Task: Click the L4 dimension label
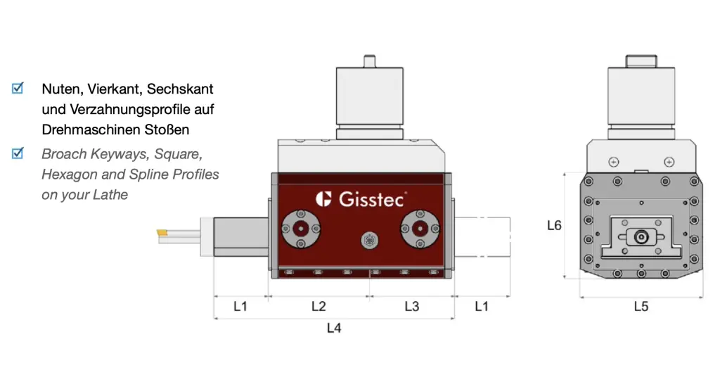pyautogui.click(x=334, y=328)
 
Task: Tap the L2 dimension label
pyautogui.click(x=319, y=306)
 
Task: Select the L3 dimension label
pyautogui.click(x=412, y=306)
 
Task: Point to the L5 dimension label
pyautogui.click(x=641, y=306)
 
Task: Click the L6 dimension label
pyautogui.click(x=554, y=225)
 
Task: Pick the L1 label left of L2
pyautogui.click(x=240, y=306)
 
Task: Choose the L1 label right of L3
pyautogui.click(x=481, y=306)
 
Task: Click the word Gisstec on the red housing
pyautogui.click(x=373, y=199)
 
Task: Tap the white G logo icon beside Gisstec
pyautogui.click(x=323, y=199)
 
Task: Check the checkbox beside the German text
pyautogui.click(x=18, y=88)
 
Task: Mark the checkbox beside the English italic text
pyautogui.click(x=18, y=153)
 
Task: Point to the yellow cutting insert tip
pyautogui.click(x=162, y=233)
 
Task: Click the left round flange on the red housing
pyautogui.click(x=301, y=229)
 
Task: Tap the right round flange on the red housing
pyautogui.click(x=420, y=229)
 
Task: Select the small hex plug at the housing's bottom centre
pyautogui.click(x=370, y=241)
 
